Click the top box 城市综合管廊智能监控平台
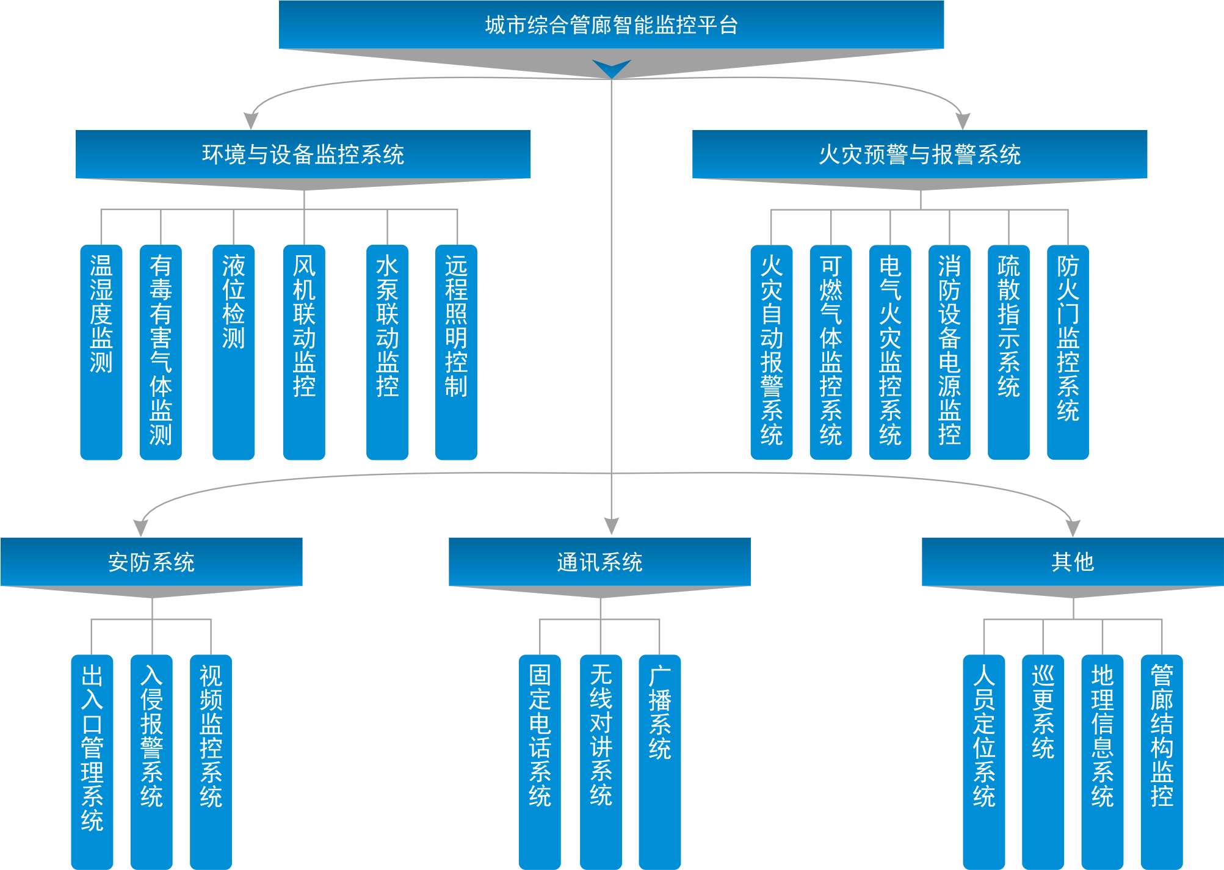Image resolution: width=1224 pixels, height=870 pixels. pyautogui.click(x=611, y=25)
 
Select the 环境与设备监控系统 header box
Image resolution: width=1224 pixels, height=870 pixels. pyautogui.click(x=303, y=154)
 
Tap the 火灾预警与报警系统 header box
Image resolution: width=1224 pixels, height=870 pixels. pyautogui.click(x=919, y=154)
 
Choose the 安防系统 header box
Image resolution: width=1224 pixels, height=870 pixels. pyautogui.click(x=151, y=562)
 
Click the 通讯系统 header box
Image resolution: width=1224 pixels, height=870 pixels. pyautogui.click(x=599, y=562)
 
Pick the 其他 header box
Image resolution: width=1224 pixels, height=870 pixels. pyautogui.click(x=1072, y=562)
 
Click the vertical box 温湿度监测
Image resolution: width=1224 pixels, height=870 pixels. pyautogui.click(x=101, y=351)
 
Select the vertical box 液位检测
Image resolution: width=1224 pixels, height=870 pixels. pyautogui.click(x=233, y=351)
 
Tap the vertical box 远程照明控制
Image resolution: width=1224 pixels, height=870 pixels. pyautogui.click(x=456, y=351)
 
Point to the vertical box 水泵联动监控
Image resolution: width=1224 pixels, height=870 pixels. pyautogui.click(x=387, y=351)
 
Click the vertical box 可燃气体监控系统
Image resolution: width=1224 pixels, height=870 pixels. pyautogui.click(x=830, y=351)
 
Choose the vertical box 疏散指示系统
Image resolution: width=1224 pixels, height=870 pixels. pyautogui.click(x=1009, y=351)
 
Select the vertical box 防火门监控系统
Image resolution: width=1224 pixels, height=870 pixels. pyautogui.click(x=1068, y=351)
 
